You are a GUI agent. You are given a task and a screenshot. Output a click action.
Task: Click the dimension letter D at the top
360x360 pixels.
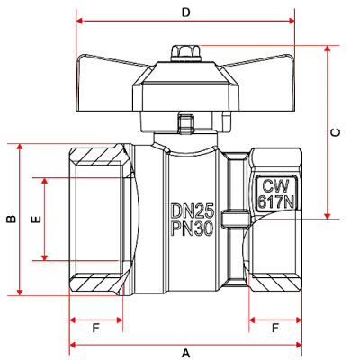(x=186, y=13)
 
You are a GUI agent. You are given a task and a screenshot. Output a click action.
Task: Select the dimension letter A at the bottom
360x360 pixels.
(x=186, y=353)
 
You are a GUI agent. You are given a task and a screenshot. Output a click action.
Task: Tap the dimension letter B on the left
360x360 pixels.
(x=12, y=220)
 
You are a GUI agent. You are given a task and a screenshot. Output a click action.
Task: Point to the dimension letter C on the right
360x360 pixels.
(x=336, y=132)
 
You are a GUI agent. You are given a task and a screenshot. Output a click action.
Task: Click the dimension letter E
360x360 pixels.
(x=36, y=220)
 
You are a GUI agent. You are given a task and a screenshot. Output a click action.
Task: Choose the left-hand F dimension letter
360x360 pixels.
(x=95, y=328)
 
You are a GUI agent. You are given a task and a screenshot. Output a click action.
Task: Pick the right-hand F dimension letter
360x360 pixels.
(x=275, y=328)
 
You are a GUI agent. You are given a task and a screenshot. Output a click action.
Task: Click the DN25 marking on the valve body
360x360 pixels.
(x=193, y=211)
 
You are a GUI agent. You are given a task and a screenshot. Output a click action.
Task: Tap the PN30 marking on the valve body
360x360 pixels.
(x=193, y=229)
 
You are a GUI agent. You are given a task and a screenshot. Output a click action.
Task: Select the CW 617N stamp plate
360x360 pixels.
(x=276, y=193)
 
